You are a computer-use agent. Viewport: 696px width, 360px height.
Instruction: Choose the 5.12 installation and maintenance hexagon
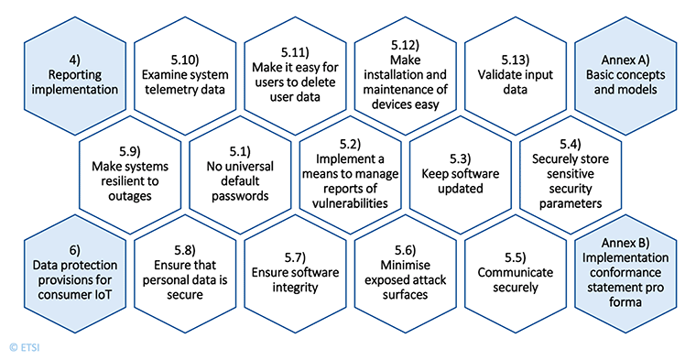403,75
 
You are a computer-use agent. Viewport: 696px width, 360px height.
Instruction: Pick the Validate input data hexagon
513,75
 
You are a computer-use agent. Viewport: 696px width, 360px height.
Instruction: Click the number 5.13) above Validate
513,53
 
